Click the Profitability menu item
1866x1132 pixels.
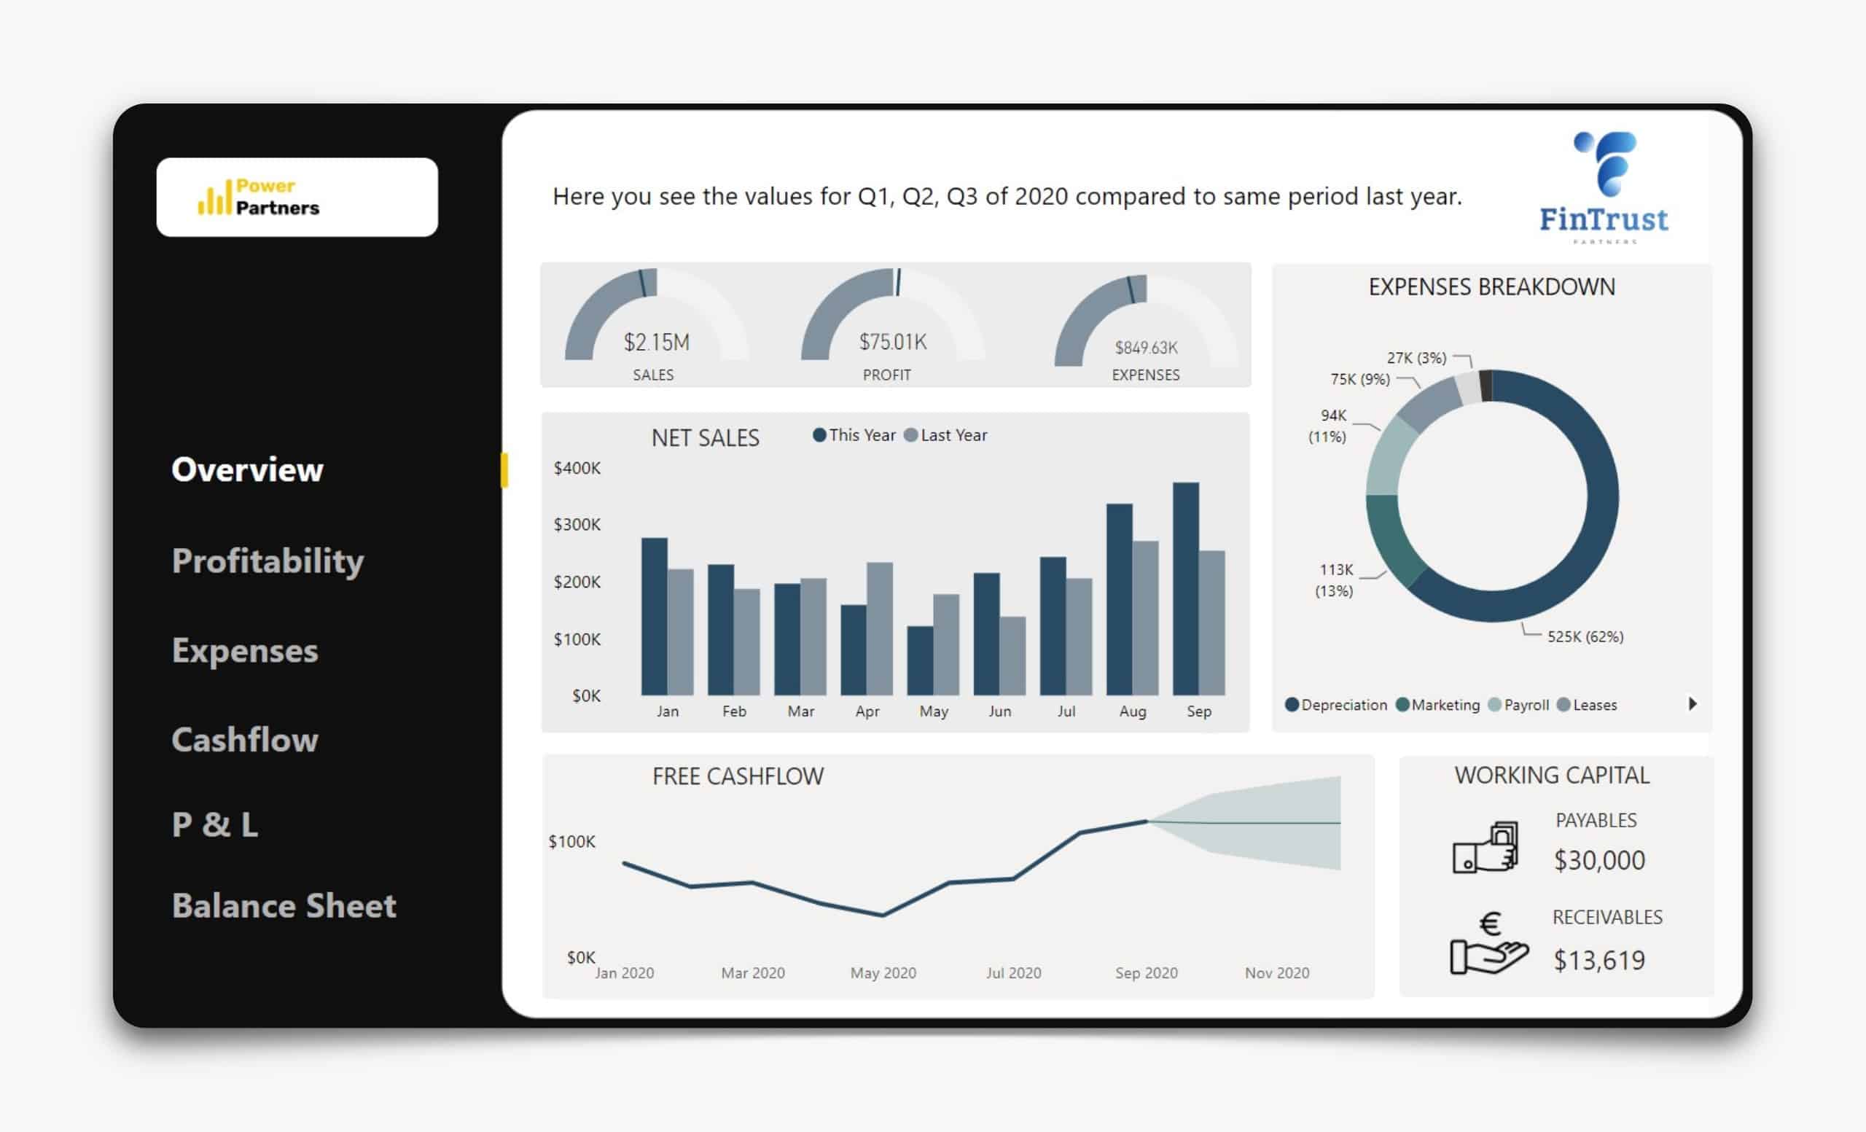pyautogui.click(x=268, y=561)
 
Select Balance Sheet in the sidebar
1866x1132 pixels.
pyautogui.click(x=284, y=905)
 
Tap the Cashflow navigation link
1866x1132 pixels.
pyautogui.click(x=245, y=740)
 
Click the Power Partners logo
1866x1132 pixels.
pyautogui.click(x=297, y=197)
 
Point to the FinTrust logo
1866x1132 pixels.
pyautogui.click(x=1604, y=188)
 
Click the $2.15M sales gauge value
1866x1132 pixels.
pyautogui.click(x=657, y=343)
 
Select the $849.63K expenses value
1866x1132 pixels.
pyautogui.click(x=1146, y=348)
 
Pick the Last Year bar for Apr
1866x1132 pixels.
pyautogui.click(x=879, y=628)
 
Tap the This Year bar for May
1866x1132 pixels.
pyautogui.click(x=919, y=660)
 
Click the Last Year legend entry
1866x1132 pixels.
pyautogui.click(x=947, y=435)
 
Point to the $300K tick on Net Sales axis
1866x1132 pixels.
pyautogui.click(x=577, y=525)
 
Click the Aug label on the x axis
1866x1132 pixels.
pyautogui.click(x=1132, y=711)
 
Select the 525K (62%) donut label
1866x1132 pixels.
pyautogui.click(x=1585, y=637)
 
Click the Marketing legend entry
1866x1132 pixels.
pyautogui.click(x=1438, y=705)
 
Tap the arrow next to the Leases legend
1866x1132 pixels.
pyautogui.click(x=1693, y=704)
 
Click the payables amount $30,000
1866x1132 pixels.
pyautogui.click(x=1599, y=860)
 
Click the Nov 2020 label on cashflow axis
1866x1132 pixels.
pyautogui.click(x=1277, y=973)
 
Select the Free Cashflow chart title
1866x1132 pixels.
pyautogui.click(x=738, y=776)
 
